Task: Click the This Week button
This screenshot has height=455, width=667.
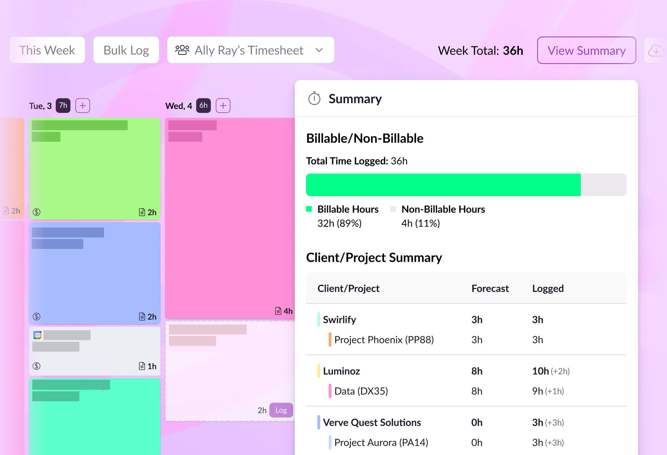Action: (x=47, y=50)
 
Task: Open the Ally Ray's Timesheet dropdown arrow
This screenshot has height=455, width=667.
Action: (x=319, y=50)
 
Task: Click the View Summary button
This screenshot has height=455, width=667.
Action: (x=586, y=51)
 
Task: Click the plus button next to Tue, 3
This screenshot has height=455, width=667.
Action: (x=83, y=106)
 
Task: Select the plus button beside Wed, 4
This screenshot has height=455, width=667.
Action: (x=223, y=106)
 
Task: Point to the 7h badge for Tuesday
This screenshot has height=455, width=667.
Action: (x=63, y=106)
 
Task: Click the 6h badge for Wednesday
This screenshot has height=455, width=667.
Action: (x=203, y=106)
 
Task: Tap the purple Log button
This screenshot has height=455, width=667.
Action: (x=281, y=410)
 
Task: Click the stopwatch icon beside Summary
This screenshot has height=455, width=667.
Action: (x=314, y=99)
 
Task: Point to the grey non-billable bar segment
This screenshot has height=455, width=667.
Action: (x=603, y=185)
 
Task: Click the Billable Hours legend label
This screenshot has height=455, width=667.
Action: (x=348, y=209)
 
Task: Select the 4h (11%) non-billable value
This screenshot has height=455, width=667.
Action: (x=420, y=223)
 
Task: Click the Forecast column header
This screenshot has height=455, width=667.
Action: (x=490, y=289)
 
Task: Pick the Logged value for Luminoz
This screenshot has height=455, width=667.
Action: (x=540, y=371)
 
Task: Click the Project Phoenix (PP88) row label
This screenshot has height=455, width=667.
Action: (x=384, y=340)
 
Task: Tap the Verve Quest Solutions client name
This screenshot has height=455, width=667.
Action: (x=372, y=423)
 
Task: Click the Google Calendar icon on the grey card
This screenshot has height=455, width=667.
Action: (x=37, y=335)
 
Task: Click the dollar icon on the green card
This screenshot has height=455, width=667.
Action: (x=36, y=212)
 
